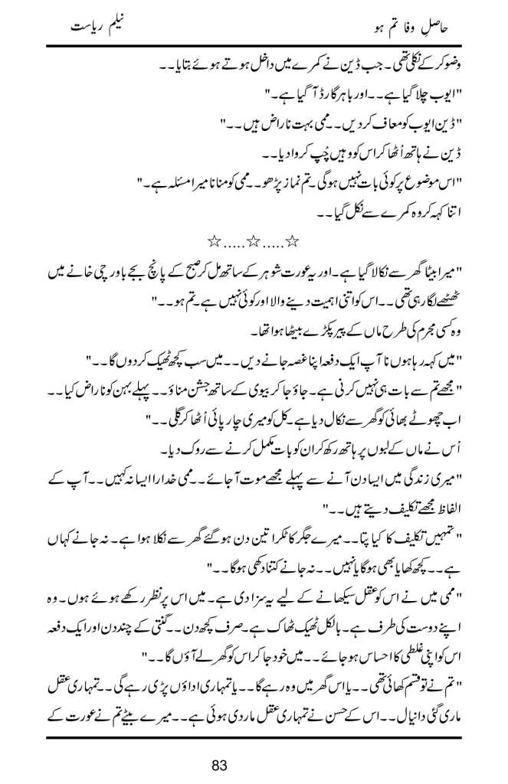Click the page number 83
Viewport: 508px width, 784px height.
(x=254, y=763)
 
